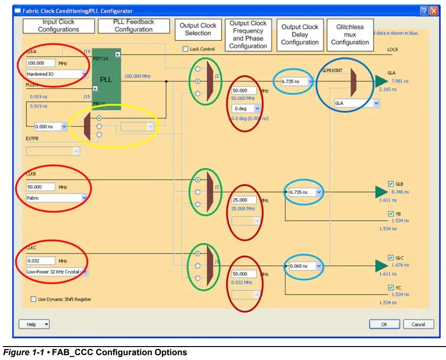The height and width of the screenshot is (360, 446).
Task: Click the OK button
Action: point(384,324)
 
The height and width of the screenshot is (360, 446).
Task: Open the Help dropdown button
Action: point(34,324)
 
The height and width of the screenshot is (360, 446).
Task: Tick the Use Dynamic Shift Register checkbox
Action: point(33,299)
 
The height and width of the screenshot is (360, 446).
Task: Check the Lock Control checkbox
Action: point(185,49)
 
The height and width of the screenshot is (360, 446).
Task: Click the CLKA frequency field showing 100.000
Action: point(41,63)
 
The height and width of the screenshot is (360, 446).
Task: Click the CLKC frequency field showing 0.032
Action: point(41,261)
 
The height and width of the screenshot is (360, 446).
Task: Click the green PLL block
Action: point(106,79)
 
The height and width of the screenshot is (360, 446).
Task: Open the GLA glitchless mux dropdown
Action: point(357,103)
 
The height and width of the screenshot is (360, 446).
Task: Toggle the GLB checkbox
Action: point(390,184)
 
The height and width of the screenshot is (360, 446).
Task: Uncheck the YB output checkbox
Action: point(390,214)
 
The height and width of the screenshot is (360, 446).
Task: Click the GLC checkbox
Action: point(390,258)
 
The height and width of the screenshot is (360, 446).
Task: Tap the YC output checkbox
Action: point(390,288)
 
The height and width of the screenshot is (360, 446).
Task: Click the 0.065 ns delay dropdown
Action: point(305,266)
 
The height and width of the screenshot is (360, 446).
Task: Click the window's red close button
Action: point(434,11)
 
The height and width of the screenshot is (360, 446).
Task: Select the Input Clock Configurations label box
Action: point(59,26)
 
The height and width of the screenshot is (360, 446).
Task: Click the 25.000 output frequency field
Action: point(244,200)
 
